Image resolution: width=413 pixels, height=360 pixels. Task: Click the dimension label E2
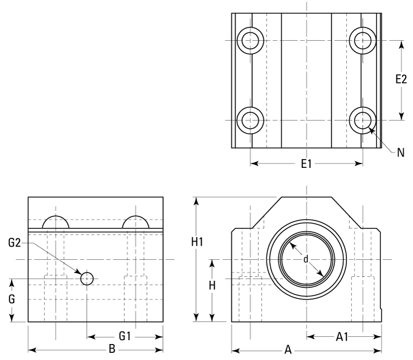401,80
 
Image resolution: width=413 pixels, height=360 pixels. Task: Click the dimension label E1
307,163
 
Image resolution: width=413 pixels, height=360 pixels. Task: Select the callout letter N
401,151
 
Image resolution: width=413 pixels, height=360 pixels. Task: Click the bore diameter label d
306,259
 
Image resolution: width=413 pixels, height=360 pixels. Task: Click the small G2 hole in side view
87,279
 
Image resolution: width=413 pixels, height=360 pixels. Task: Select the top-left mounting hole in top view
251,40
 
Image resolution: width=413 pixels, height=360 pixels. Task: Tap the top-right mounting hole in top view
363,40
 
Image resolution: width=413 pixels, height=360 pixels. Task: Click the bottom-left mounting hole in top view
251,119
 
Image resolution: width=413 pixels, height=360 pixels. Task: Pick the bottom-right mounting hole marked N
363,119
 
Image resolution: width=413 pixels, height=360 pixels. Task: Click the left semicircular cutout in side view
56,222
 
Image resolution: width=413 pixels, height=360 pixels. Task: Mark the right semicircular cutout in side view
136,222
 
